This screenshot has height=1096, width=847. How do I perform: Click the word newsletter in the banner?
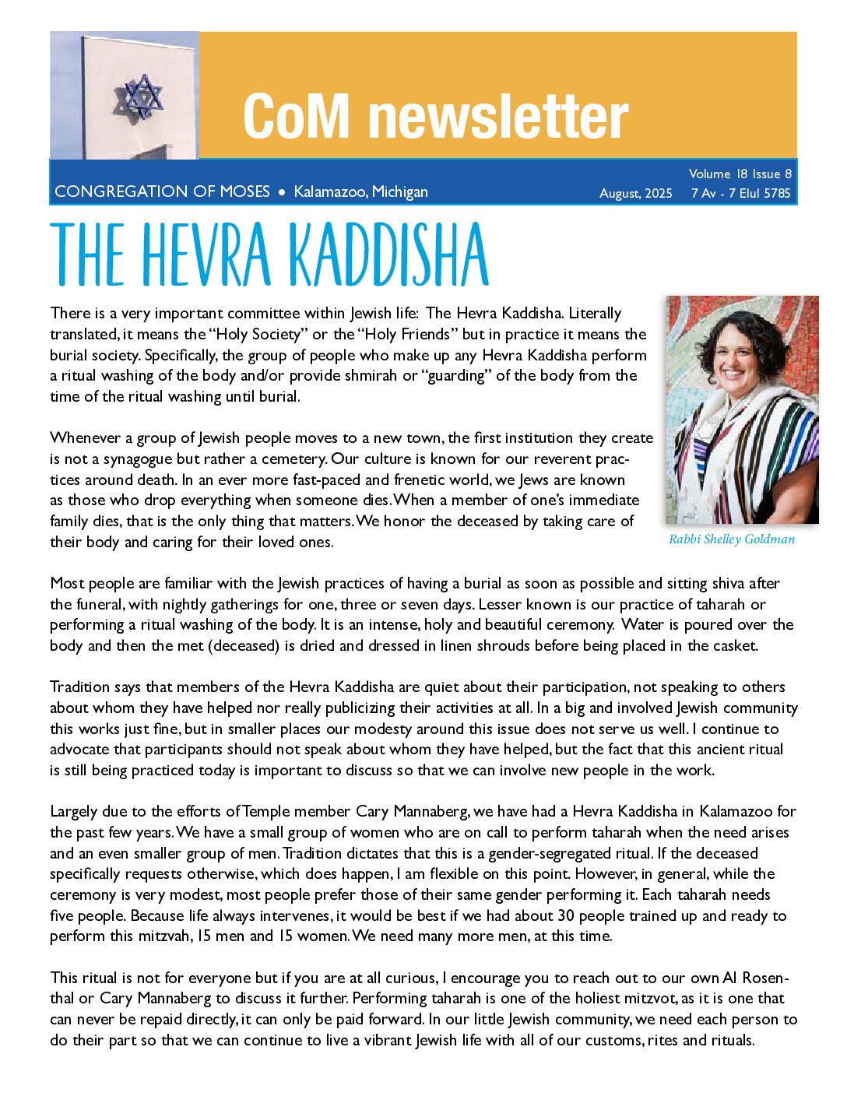tap(498, 117)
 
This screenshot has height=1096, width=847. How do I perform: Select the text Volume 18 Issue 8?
tap(740, 174)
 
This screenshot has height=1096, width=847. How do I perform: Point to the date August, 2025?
tap(635, 193)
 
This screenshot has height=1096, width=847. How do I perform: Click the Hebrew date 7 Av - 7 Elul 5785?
tap(740, 193)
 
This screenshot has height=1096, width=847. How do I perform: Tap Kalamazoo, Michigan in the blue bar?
tap(360, 191)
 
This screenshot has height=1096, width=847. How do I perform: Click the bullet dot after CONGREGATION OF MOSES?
tap(282, 191)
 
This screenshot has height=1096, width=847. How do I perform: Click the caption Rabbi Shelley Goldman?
tap(732, 539)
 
